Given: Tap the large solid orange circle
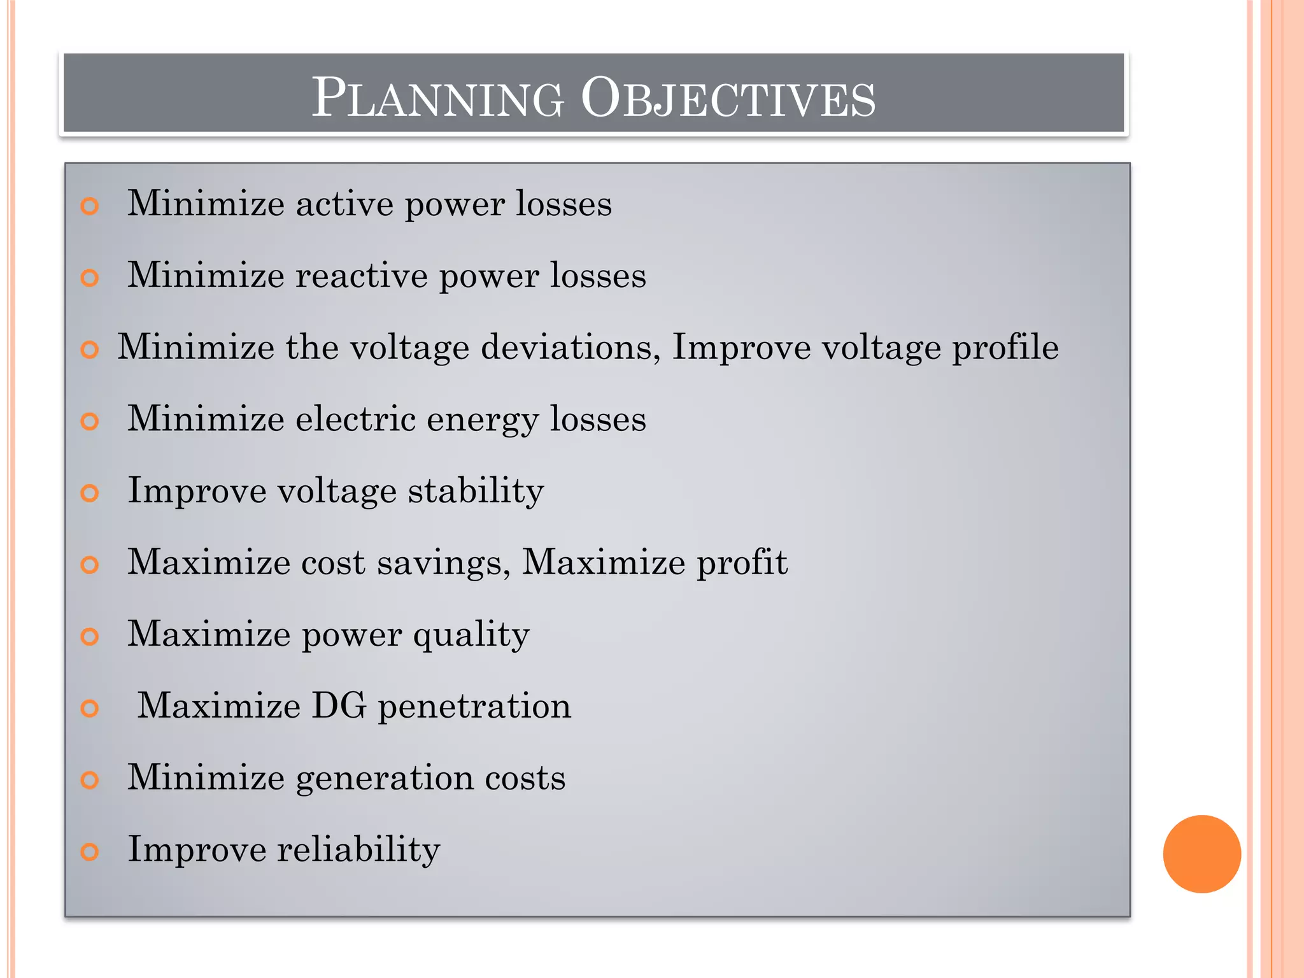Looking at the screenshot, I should [1201, 854].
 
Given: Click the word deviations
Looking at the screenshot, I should [570, 347].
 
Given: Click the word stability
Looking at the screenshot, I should [476, 492].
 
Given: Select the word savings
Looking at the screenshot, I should [443, 563].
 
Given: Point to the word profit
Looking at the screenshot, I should [742, 563].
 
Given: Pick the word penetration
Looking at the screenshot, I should [474, 707].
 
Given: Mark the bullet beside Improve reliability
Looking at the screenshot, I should [90, 852].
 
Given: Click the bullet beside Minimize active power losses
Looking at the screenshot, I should [90, 206].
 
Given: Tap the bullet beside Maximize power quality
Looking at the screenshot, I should [90, 636].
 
